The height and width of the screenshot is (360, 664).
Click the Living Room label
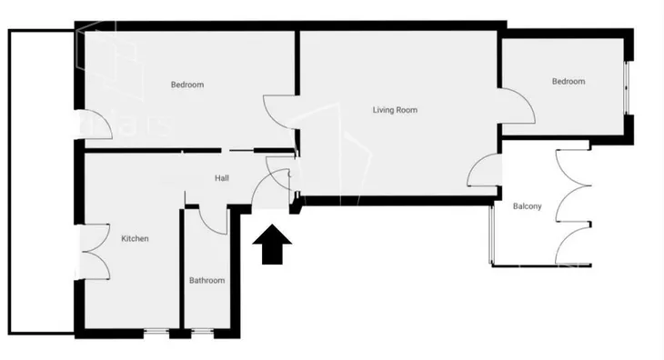coord(395,110)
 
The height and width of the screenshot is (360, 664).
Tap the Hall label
coord(222,178)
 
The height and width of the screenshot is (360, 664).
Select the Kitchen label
coord(136,238)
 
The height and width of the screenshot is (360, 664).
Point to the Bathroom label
coord(206,281)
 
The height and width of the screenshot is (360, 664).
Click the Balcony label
coord(528,206)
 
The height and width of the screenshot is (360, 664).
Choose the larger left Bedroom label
coord(187,85)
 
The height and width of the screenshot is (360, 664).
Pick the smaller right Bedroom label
coord(568,81)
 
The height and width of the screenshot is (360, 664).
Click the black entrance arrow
coord(272,244)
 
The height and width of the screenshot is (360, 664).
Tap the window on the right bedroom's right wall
coord(627,87)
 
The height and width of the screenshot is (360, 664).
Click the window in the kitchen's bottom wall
coord(156,333)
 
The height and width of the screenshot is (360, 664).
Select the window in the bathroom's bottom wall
coord(202,333)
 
